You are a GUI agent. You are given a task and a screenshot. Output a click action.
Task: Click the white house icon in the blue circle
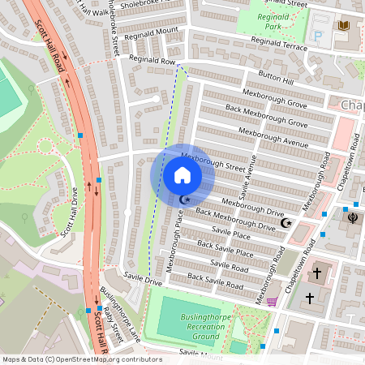click(182, 175)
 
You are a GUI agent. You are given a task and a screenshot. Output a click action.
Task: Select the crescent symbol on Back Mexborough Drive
click(285, 223)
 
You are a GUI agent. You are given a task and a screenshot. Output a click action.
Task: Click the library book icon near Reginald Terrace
click(343, 28)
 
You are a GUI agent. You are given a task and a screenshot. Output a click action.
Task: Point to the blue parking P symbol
click(317, 36)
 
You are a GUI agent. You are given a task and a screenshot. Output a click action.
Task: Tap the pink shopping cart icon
click(272, 302)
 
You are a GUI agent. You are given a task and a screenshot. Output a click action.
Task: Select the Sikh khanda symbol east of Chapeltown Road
click(351, 217)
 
